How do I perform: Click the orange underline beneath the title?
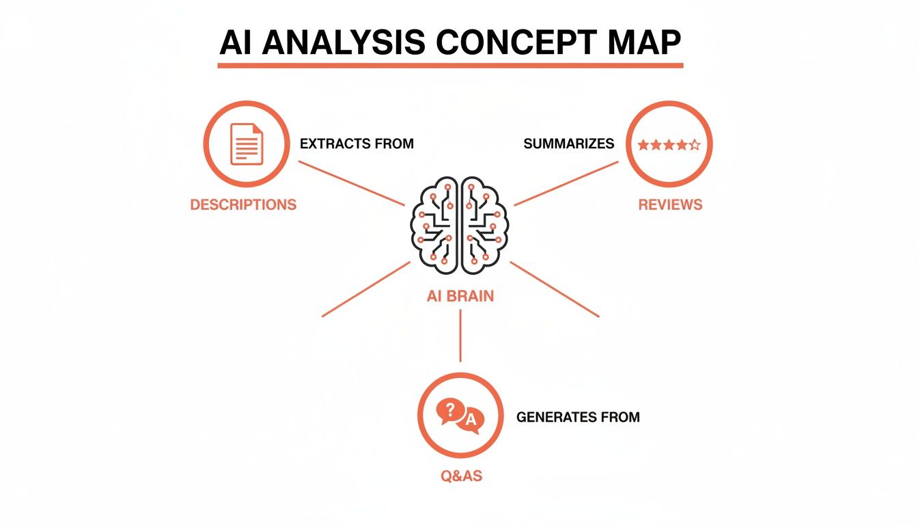[x=450, y=65]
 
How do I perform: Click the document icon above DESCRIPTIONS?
[x=246, y=144]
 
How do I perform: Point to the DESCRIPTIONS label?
[x=243, y=204]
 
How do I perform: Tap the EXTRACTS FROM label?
[x=357, y=144]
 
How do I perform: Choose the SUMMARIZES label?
[x=568, y=144]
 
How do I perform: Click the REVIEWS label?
[x=670, y=204]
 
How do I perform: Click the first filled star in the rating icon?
[x=643, y=144]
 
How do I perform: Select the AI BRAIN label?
[x=460, y=296]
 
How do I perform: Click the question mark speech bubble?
[x=449, y=411]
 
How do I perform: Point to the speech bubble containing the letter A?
[x=471, y=422]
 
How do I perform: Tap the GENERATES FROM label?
[x=578, y=417]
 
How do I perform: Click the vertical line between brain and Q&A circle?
[x=460, y=335]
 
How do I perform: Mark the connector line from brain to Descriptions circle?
[x=352, y=183]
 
